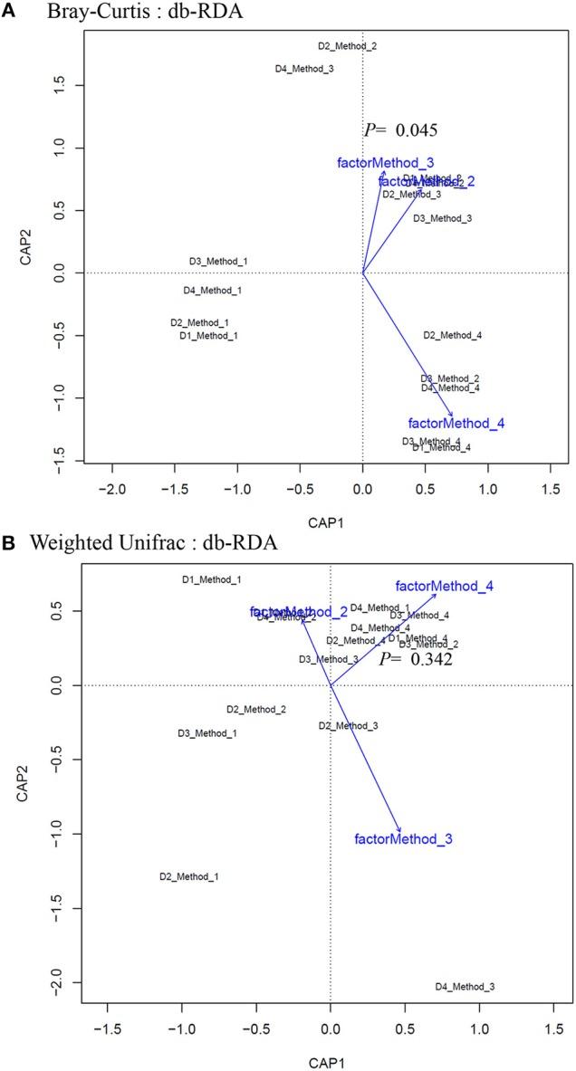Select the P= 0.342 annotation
point(416,660)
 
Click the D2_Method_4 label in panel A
point(453,336)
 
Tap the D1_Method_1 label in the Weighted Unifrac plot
point(212,579)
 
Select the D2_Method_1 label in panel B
point(189,876)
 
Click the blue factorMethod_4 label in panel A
point(456,423)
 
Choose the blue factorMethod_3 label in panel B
point(403,839)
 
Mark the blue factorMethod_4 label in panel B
point(444,587)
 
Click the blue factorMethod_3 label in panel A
point(379,163)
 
